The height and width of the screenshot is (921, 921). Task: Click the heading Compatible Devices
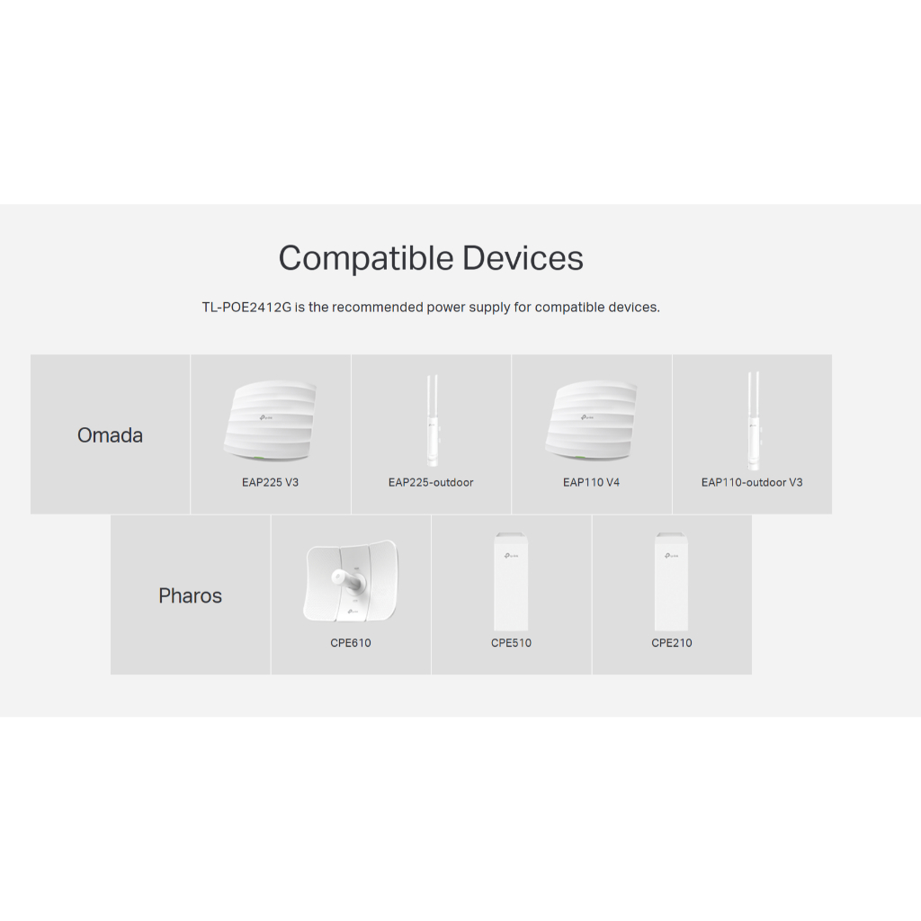(431, 258)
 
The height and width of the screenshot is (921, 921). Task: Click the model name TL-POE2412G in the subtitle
(246, 308)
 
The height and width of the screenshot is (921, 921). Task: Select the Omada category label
(110, 435)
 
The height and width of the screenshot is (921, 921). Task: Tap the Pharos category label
(190, 595)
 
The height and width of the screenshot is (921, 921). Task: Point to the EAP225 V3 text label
(270, 483)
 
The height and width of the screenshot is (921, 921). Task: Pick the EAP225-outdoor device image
(432, 420)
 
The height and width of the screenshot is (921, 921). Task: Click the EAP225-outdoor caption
(431, 483)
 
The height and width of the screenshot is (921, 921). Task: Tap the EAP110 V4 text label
(591, 483)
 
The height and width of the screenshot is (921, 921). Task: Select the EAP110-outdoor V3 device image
(753, 420)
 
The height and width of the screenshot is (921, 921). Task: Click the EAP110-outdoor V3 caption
(752, 483)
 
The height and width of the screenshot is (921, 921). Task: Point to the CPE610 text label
(350, 643)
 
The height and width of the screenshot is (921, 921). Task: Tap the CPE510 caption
(511, 643)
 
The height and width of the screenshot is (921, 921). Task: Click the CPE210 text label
(672, 643)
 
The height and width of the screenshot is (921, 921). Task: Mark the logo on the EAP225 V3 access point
(268, 416)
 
